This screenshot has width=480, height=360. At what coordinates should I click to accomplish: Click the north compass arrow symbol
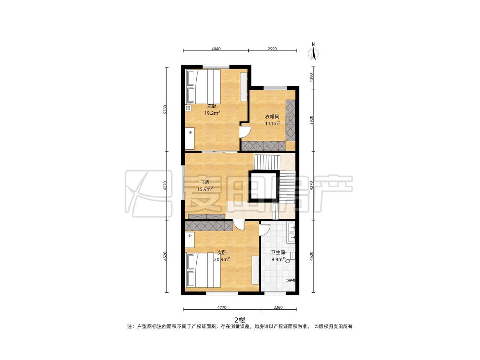(313, 52)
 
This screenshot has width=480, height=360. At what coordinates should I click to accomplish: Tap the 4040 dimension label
(216, 49)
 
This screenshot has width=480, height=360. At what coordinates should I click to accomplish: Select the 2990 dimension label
(272, 49)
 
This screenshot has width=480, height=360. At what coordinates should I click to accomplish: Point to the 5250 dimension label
(165, 110)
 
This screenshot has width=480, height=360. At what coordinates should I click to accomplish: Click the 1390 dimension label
(311, 78)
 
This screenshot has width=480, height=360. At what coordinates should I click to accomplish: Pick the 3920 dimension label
(311, 120)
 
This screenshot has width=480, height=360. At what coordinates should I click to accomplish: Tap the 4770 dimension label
(221, 308)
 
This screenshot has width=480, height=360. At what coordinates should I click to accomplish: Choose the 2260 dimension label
(278, 308)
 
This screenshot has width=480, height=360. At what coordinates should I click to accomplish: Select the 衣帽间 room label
(272, 116)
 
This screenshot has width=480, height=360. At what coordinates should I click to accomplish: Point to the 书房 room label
(205, 182)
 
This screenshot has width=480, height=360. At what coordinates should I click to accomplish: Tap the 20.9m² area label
(222, 259)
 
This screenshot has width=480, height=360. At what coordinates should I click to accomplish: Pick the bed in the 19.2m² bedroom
(203, 87)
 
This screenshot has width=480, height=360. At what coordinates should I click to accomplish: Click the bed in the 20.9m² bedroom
(203, 270)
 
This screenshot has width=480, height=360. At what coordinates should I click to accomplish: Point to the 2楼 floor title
(240, 320)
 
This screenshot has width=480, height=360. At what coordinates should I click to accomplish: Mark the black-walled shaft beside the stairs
(264, 186)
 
